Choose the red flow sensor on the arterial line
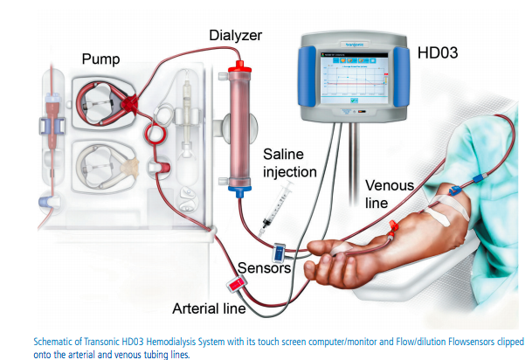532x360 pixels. (236, 284)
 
